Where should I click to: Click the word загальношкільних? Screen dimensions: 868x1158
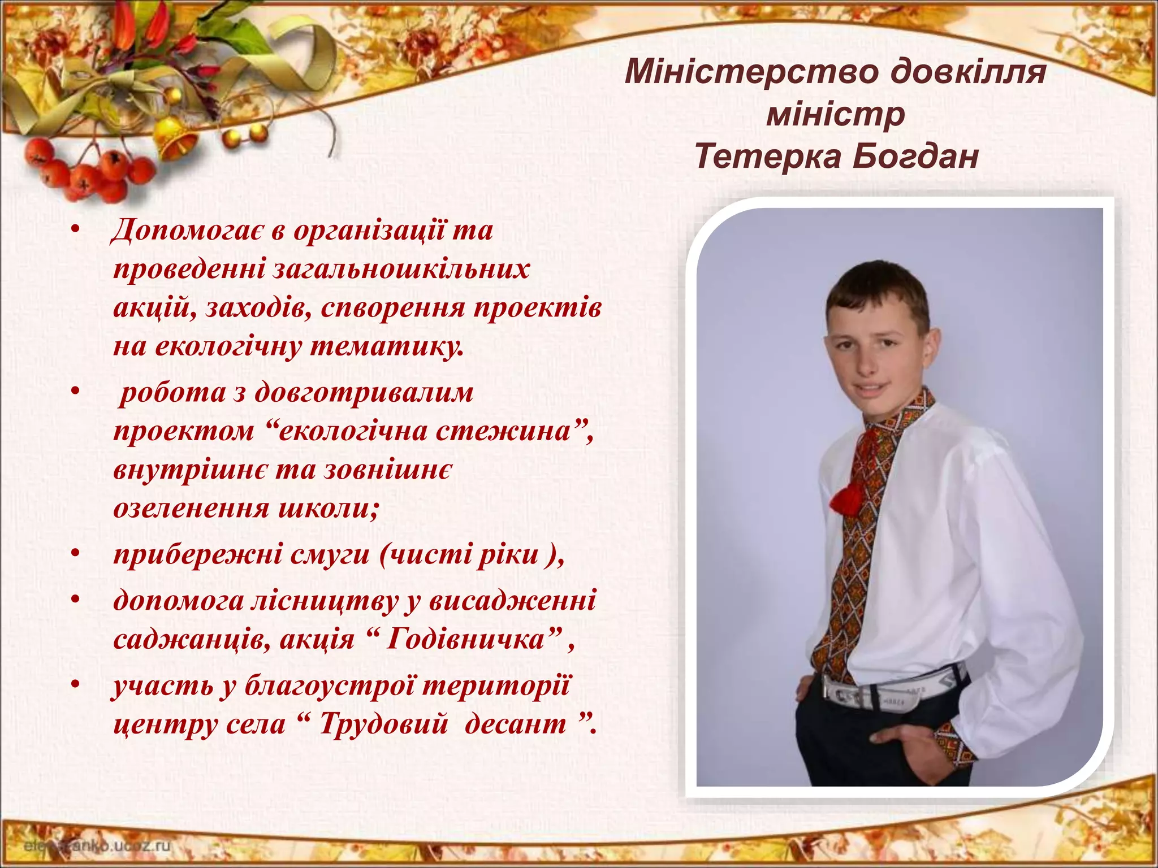pyautogui.click(x=401, y=270)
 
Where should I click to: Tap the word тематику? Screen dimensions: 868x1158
pyautogui.click(x=387, y=346)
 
